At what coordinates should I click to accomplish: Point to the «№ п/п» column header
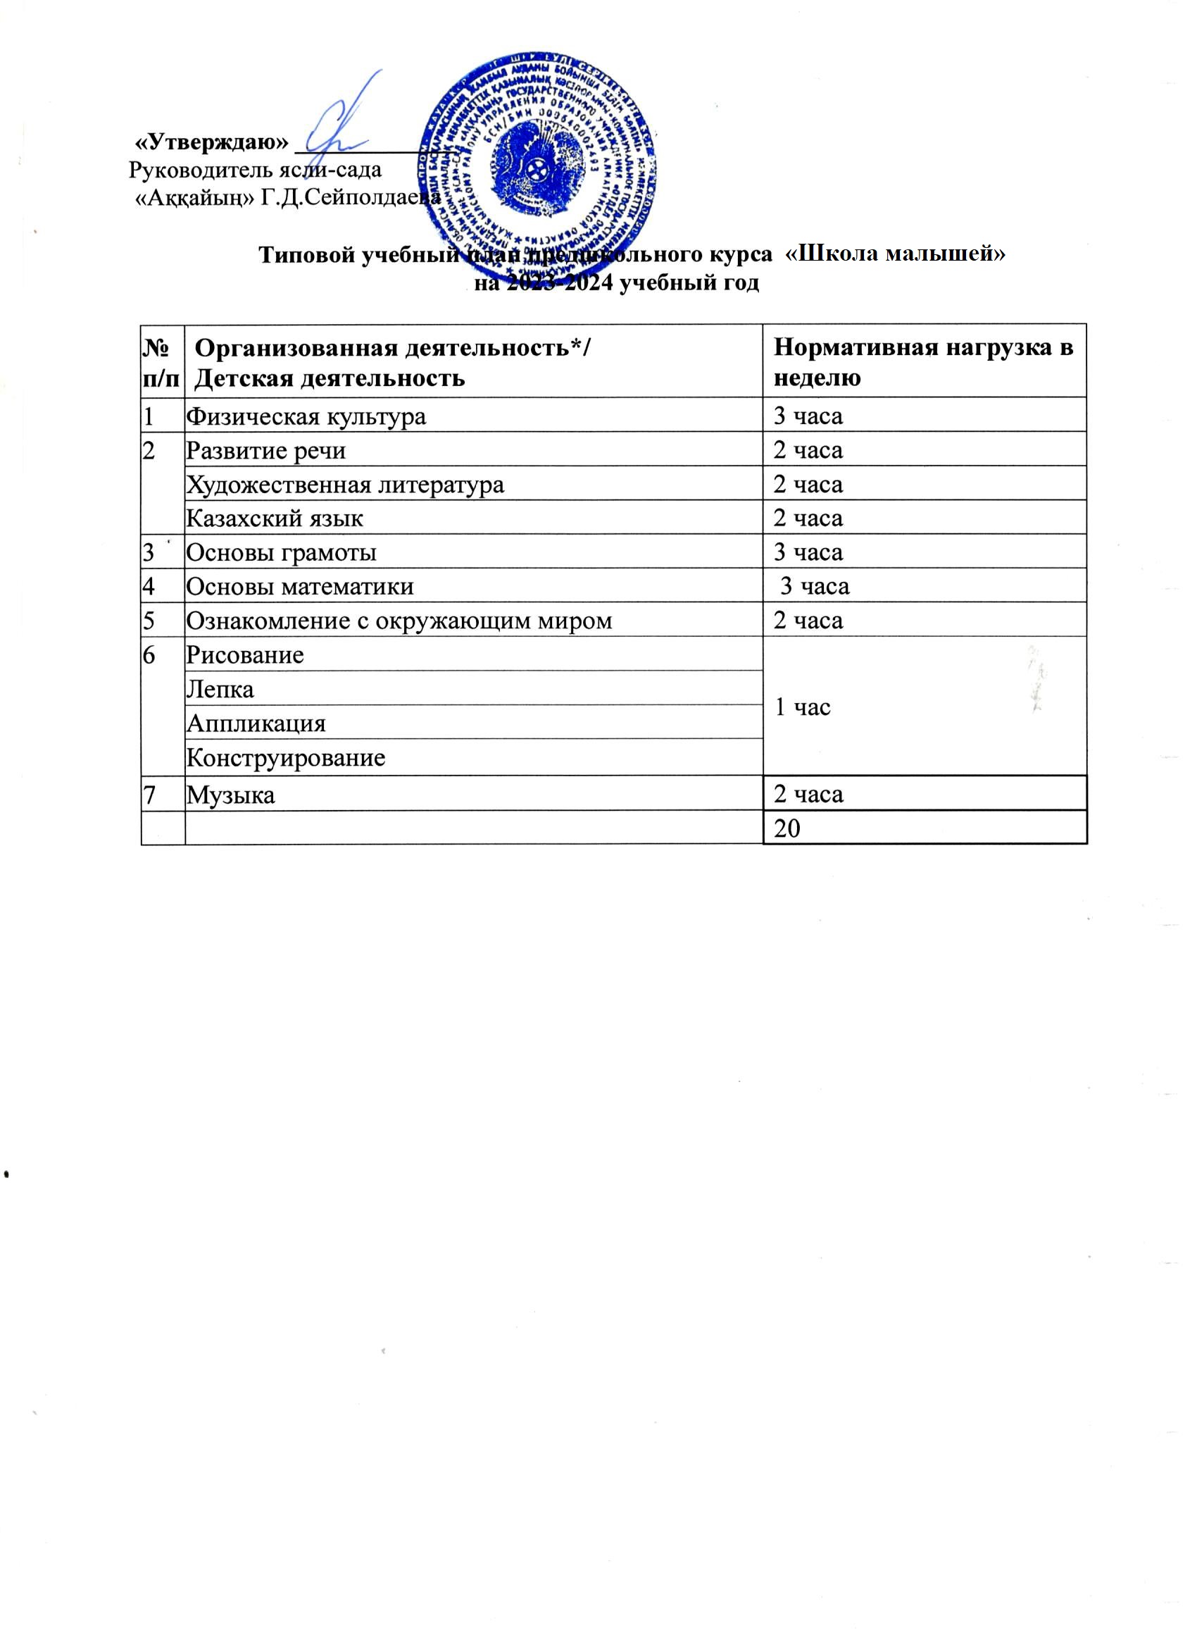163,362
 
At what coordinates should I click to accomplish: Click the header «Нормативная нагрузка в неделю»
922,362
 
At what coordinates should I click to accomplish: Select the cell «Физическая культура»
306,417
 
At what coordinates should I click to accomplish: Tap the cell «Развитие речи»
265,451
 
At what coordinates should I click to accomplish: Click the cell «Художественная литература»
345,485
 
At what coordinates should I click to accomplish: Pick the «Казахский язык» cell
275,518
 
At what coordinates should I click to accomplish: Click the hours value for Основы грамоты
808,552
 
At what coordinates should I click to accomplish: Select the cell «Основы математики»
300,587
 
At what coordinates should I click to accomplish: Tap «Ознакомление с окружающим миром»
399,621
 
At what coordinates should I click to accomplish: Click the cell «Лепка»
220,689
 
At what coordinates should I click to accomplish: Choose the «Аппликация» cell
256,723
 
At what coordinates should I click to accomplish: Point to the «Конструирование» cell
285,758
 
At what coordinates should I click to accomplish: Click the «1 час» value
802,707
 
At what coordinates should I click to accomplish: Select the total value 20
787,828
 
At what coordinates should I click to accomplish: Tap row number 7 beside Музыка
149,795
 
